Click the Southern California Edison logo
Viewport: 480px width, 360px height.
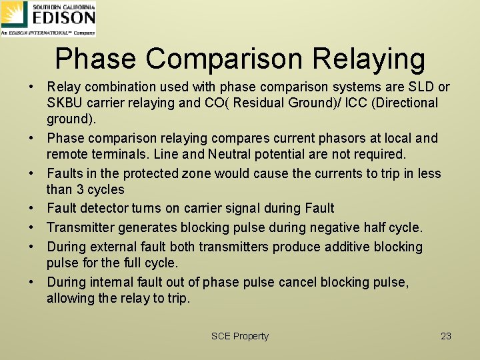tap(48, 18)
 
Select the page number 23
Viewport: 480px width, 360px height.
tap(446, 336)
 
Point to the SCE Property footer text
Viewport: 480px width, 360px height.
tap(239, 336)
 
